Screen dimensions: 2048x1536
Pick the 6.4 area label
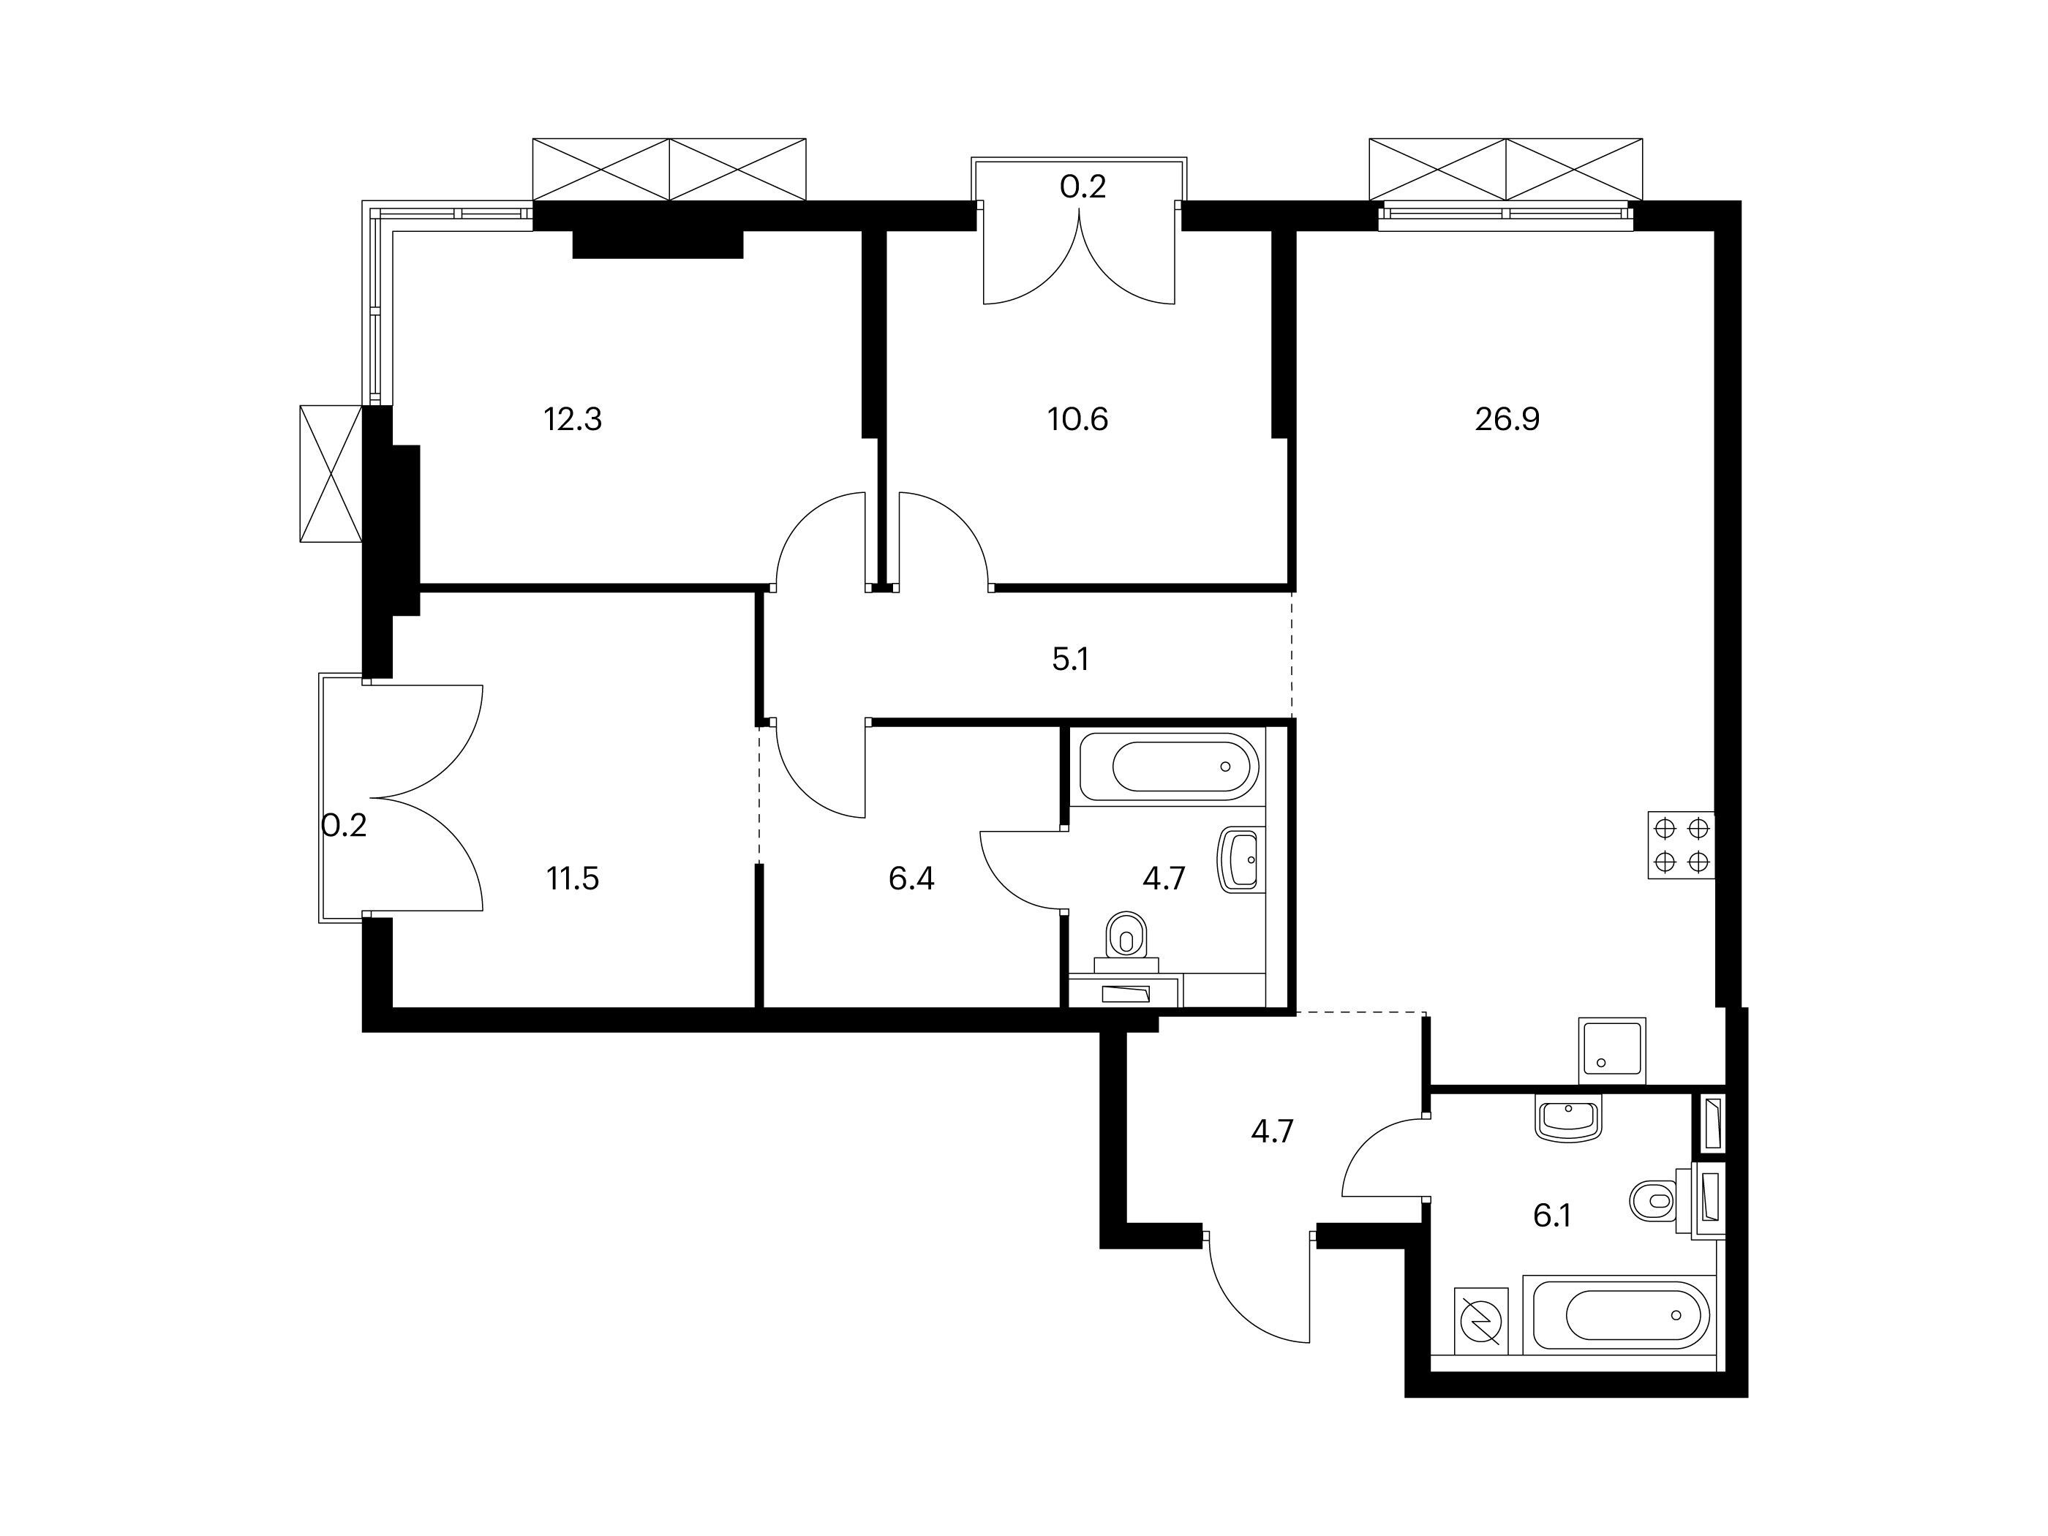[911, 878]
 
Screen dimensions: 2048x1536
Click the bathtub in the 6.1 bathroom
[1619, 1314]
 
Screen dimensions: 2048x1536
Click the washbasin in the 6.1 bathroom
[1568, 1118]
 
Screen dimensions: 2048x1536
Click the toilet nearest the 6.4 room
[1126, 941]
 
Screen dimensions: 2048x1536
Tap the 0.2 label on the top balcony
[1083, 188]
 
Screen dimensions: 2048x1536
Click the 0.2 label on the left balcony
[345, 825]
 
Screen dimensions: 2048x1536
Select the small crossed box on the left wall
[331, 473]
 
